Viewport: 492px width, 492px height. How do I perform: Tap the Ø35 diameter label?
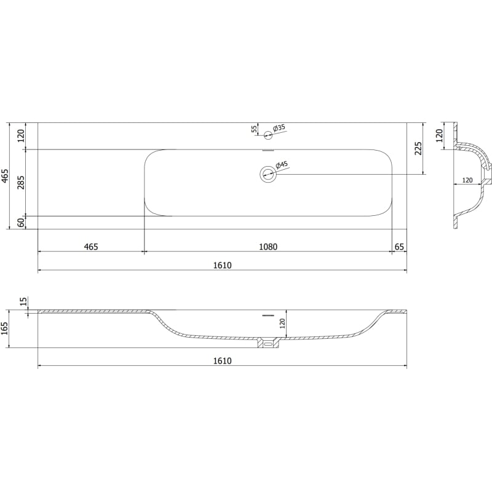click(x=279, y=128)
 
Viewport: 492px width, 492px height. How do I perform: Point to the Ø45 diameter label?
click(x=282, y=165)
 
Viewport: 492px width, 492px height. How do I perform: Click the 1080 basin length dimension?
click(x=268, y=247)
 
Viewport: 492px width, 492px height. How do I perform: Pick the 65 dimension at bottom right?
click(x=399, y=247)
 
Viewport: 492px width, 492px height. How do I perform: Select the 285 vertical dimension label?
click(x=21, y=183)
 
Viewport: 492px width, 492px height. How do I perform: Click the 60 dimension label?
click(x=21, y=223)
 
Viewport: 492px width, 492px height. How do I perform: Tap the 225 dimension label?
click(x=418, y=148)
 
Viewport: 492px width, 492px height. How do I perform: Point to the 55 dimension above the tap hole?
click(x=255, y=129)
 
